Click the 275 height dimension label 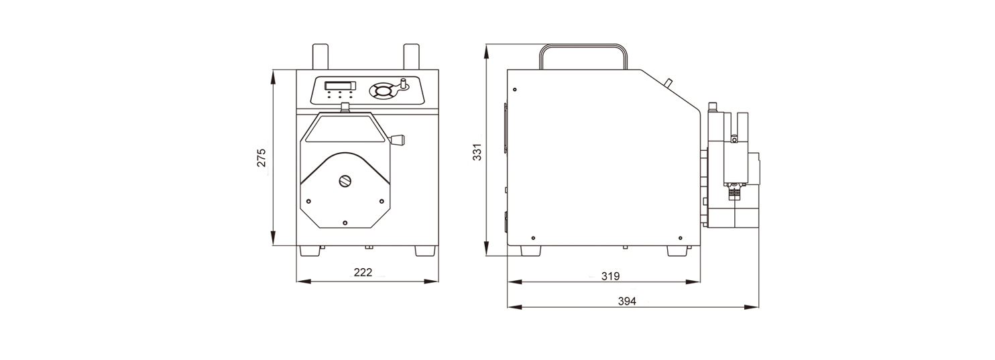(x=261, y=158)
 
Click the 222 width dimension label (x=363, y=272)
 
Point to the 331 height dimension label (x=477, y=152)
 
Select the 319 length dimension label (x=610, y=276)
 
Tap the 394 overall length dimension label (x=627, y=301)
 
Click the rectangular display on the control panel (x=340, y=86)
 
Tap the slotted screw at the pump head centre (x=345, y=180)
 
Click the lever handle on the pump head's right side (x=398, y=140)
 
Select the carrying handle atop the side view (x=584, y=46)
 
